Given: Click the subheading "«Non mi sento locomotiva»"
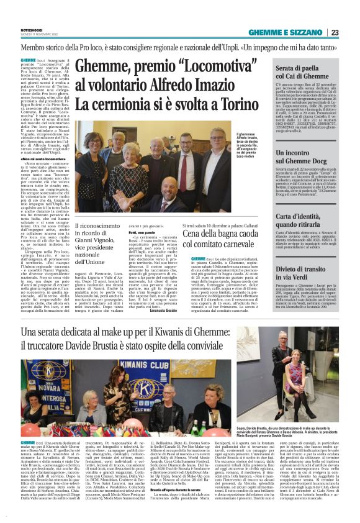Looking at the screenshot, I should (35, 159).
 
